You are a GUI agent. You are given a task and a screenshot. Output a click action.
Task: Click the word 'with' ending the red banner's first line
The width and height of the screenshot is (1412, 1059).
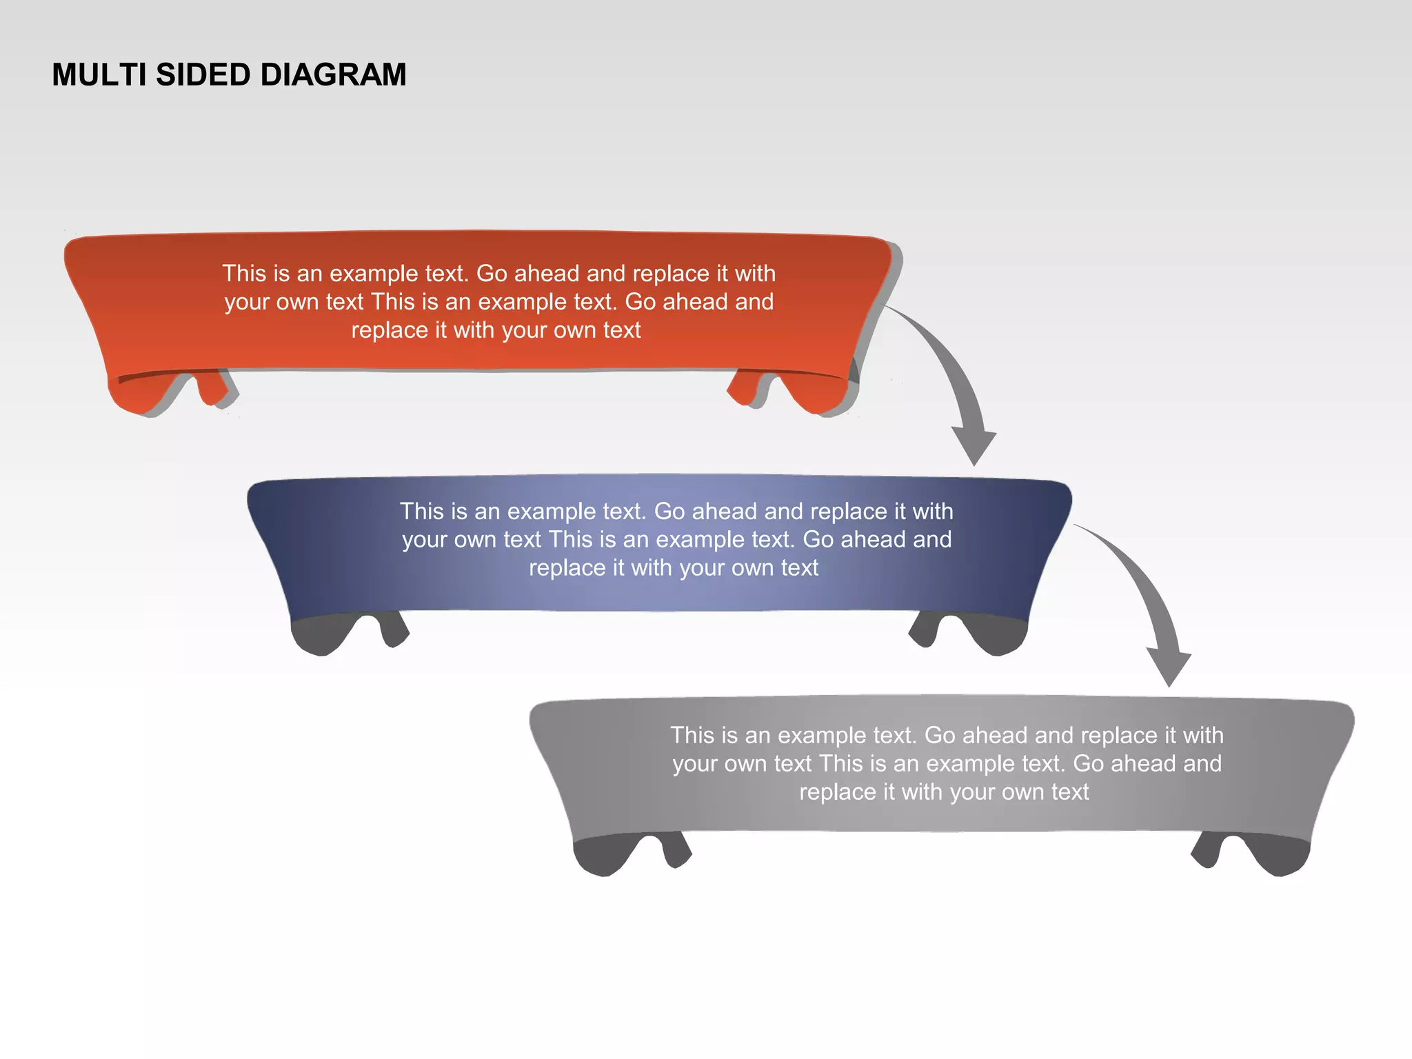tap(755, 274)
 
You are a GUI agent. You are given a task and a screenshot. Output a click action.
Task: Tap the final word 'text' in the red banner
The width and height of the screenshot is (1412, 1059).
tap(621, 330)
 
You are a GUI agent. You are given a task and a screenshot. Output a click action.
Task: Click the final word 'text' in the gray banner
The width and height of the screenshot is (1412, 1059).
tap(1069, 792)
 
